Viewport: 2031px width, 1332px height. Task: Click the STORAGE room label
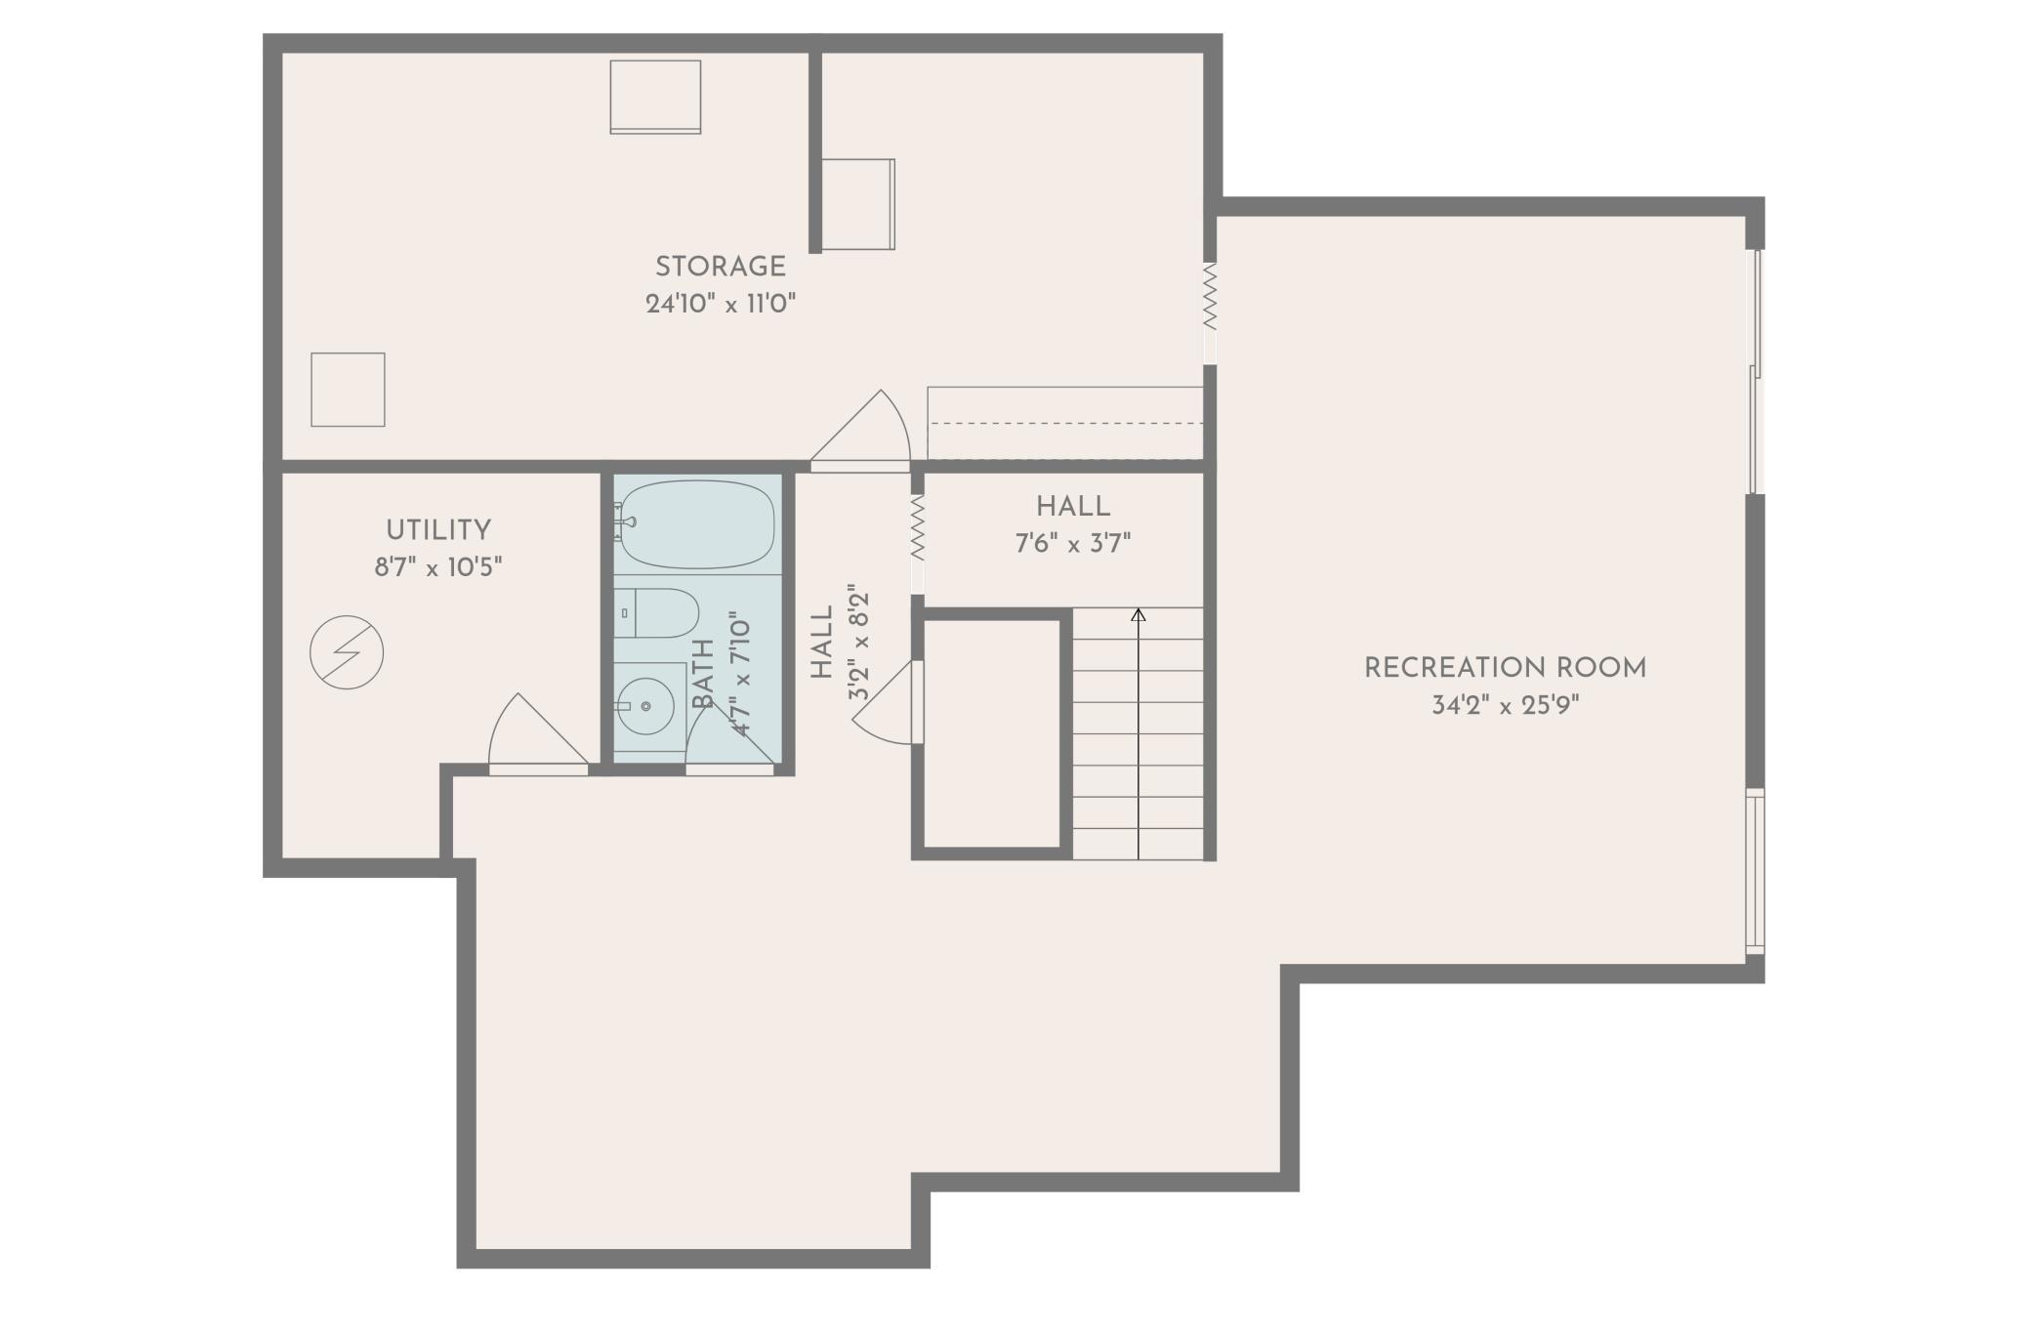coord(720,267)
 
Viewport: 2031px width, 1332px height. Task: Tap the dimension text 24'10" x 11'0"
coord(721,304)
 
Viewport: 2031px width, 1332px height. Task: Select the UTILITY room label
coord(438,530)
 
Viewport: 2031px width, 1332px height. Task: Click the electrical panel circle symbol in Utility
coord(347,652)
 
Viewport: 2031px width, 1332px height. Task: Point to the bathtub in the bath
coord(697,524)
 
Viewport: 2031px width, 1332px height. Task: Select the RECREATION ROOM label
coord(1505,668)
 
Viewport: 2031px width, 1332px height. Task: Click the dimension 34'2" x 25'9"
coord(1505,705)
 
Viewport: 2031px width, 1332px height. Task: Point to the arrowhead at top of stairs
coord(1138,614)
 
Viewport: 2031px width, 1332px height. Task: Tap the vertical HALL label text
coord(822,643)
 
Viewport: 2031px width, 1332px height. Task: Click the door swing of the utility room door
coord(532,732)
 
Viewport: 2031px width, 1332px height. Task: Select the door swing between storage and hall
coord(864,430)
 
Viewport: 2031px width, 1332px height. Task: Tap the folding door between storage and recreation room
coord(1210,296)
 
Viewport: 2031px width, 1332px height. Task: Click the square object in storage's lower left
coord(348,390)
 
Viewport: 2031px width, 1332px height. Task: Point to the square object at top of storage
coord(655,97)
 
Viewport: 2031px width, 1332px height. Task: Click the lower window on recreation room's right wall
coord(1755,871)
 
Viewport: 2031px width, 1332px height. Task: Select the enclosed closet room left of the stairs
coord(991,732)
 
